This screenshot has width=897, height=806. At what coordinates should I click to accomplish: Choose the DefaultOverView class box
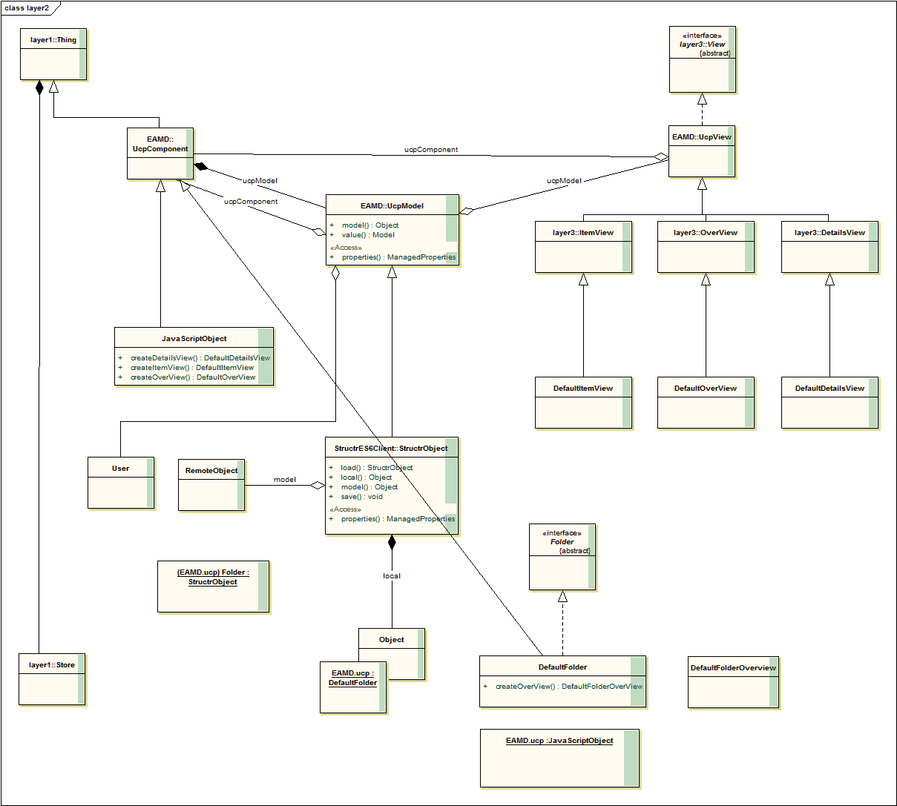coord(706,402)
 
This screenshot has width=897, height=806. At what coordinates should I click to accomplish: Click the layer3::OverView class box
coord(706,246)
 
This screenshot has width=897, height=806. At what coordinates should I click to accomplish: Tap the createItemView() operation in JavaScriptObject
coord(192,368)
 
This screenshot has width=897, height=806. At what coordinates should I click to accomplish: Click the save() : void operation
coord(361,497)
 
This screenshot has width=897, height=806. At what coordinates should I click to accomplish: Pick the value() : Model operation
coord(368,235)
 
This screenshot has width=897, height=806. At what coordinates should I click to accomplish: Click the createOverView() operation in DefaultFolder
coord(568,687)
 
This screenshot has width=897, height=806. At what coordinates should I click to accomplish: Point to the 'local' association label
coord(392,576)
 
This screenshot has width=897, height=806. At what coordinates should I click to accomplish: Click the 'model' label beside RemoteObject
coord(285,480)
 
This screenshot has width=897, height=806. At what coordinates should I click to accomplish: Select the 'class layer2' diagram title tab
coord(27,8)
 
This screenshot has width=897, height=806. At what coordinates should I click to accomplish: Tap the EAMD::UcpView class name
coord(702,137)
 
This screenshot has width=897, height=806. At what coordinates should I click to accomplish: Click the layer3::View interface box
coord(702,59)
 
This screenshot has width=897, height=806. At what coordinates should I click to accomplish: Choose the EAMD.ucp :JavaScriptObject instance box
coord(559,758)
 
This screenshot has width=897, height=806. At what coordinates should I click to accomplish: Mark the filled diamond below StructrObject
coord(392,542)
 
